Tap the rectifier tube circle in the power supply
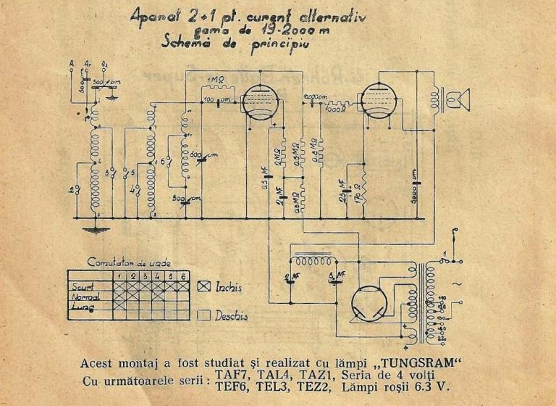pos(371,303)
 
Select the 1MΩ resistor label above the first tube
pos(216,79)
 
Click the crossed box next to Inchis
pos(203,287)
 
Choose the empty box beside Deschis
pos(203,315)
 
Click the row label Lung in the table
pos(81,307)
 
